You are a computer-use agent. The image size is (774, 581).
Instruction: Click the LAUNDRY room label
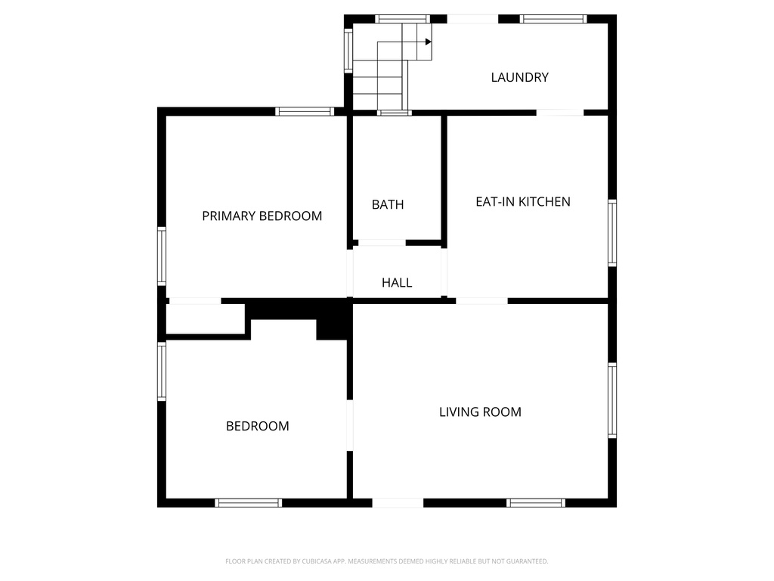pyautogui.click(x=519, y=77)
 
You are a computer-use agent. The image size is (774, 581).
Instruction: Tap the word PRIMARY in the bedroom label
pyautogui.click(x=229, y=216)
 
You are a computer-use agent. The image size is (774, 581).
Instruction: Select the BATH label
pyautogui.click(x=388, y=204)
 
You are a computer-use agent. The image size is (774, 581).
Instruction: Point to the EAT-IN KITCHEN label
pyautogui.click(x=522, y=201)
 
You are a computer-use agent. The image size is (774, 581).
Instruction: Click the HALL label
pyautogui.click(x=397, y=283)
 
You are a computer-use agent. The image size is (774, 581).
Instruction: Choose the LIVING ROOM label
pyautogui.click(x=480, y=412)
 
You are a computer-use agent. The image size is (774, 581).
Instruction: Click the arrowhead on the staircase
pyautogui.click(x=428, y=42)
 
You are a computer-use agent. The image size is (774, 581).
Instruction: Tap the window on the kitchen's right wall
pyautogui.click(x=612, y=233)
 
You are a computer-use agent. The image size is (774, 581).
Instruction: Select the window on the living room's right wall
pyautogui.click(x=612, y=400)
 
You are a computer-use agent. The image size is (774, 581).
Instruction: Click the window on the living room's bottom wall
pyautogui.click(x=536, y=502)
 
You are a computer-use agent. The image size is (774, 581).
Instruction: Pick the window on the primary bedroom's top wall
pyautogui.click(x=305, y=111)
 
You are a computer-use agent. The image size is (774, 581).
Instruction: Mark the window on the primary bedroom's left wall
pyautogui.click(x=162, y=256)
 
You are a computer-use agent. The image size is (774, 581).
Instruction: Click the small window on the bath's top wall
pyautogui.click(x=394, y=113)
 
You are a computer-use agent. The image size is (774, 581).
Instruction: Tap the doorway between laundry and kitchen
pyautogui.click(x=559, y=113)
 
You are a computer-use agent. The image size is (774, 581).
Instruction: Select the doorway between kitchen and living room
pyautogui.click(x=481, y=301)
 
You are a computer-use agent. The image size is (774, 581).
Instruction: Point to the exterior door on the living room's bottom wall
pyautogui.click(x=398, y=502)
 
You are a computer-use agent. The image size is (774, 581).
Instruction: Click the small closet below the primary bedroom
pyautogui.click(x=204, y=318)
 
